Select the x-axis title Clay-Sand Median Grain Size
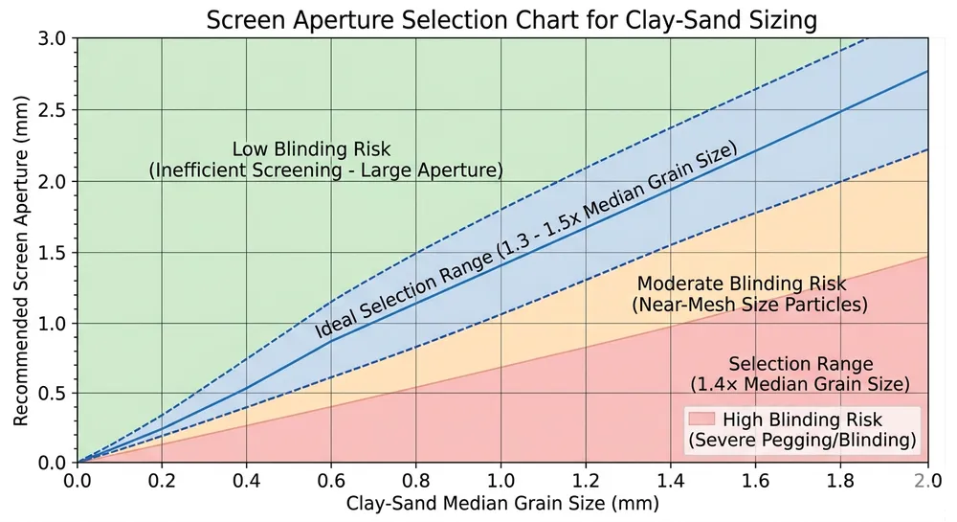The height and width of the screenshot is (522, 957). coord(502,503)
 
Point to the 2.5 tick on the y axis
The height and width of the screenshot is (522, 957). coord(53,110)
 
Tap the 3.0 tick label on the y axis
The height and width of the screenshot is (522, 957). coord(53,38)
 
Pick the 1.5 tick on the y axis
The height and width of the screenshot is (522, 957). coord(53,252)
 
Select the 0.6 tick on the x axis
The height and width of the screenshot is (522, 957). coord(331,479)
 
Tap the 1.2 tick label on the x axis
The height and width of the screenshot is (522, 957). coord(586,479)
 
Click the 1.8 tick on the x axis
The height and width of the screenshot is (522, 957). coord(840,479)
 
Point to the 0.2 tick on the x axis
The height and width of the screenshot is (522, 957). coord(161,479)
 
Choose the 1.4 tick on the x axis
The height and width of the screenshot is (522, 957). coord(671,479)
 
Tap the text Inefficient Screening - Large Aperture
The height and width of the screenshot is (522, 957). coord(325,170)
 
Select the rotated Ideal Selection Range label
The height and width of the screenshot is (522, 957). coord(527,240)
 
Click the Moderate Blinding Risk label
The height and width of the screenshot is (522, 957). coord(742,284)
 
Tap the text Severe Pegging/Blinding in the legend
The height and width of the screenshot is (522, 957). coord(802,441)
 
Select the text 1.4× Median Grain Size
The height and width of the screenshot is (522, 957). coord(800,384)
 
